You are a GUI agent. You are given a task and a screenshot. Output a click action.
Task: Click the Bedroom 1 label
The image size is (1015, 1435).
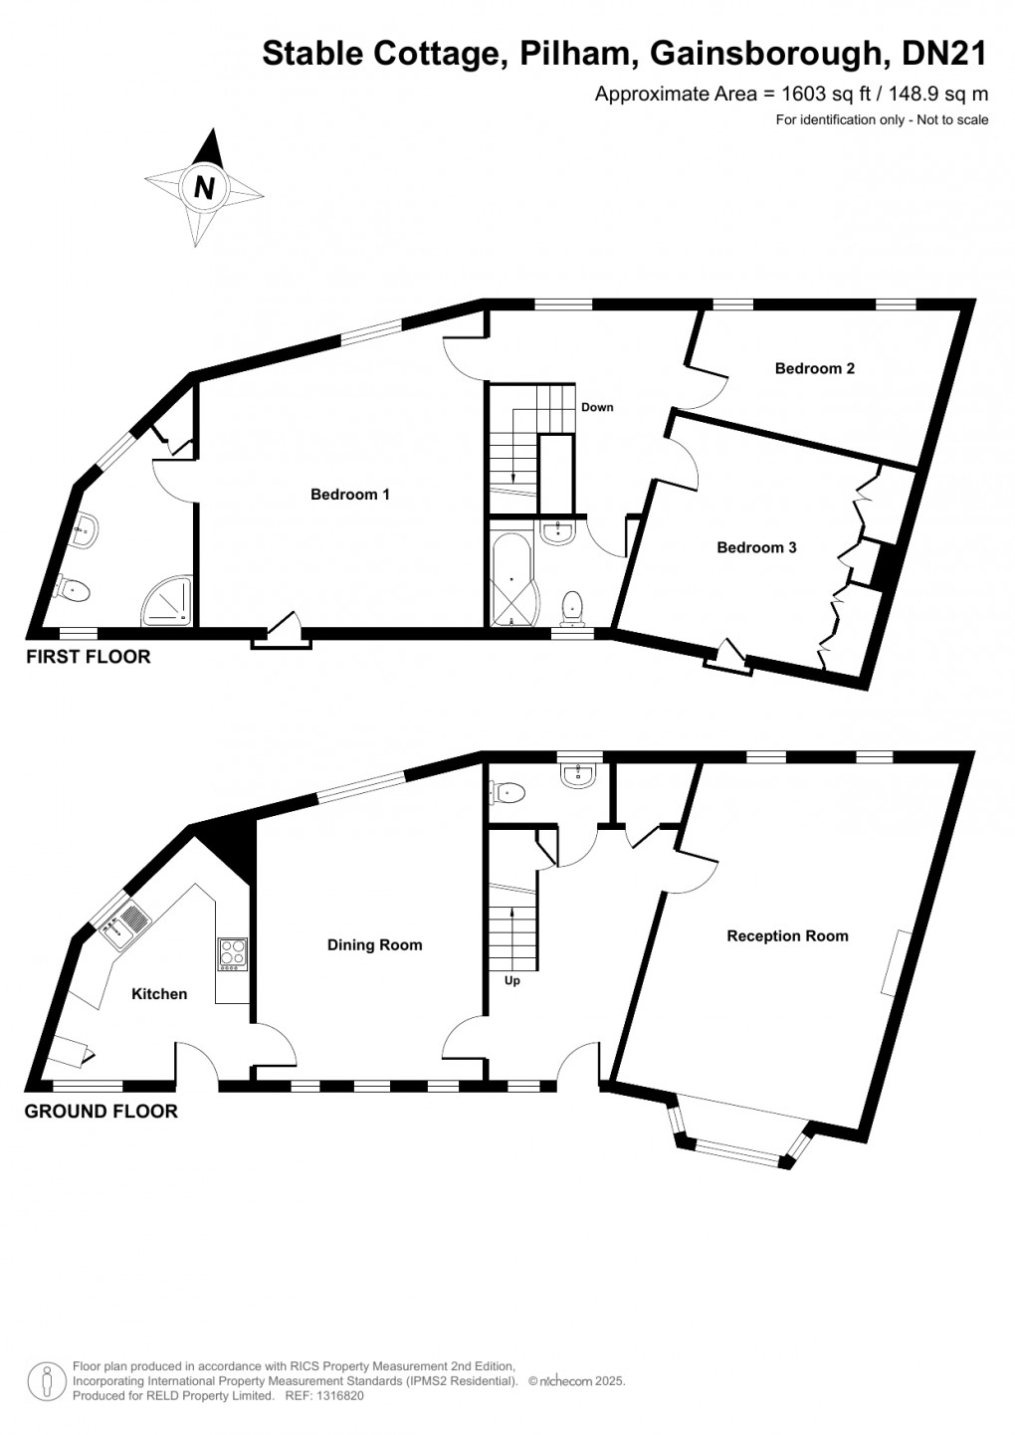[x=349, y=495]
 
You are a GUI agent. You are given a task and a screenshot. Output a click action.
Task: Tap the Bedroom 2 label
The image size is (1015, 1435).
[x=814, y=368]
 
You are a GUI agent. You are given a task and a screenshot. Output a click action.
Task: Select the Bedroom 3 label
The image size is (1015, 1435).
[x=756, y=547]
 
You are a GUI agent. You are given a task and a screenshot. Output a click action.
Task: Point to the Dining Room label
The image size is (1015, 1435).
[x=374, y=945]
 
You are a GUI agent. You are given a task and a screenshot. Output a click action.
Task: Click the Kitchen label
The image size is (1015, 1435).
[x=159, y=994]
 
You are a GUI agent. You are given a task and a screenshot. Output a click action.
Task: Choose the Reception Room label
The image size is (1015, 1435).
[x=787, y=935]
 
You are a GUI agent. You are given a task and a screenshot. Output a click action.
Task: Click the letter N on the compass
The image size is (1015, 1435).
[x=204, y=187]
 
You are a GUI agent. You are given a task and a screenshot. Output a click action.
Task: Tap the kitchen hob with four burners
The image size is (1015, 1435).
[x=232, y=953]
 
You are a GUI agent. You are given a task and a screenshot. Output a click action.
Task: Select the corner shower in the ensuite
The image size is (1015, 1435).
[x=166, y=602]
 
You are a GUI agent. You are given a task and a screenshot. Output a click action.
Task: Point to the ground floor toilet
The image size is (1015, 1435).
[x=507, y=793]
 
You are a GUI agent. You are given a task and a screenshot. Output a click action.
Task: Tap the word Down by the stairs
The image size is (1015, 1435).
[x=597, y=407]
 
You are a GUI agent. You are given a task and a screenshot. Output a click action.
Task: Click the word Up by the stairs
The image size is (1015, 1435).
[x=512, y=980]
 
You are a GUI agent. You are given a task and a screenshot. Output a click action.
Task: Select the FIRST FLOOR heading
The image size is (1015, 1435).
[x=89, y=657]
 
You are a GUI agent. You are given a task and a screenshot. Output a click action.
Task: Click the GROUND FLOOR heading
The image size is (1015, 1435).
[x=101, y=1112]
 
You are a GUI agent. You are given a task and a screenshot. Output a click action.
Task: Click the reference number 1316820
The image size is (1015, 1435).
[x=339, y=1396]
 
